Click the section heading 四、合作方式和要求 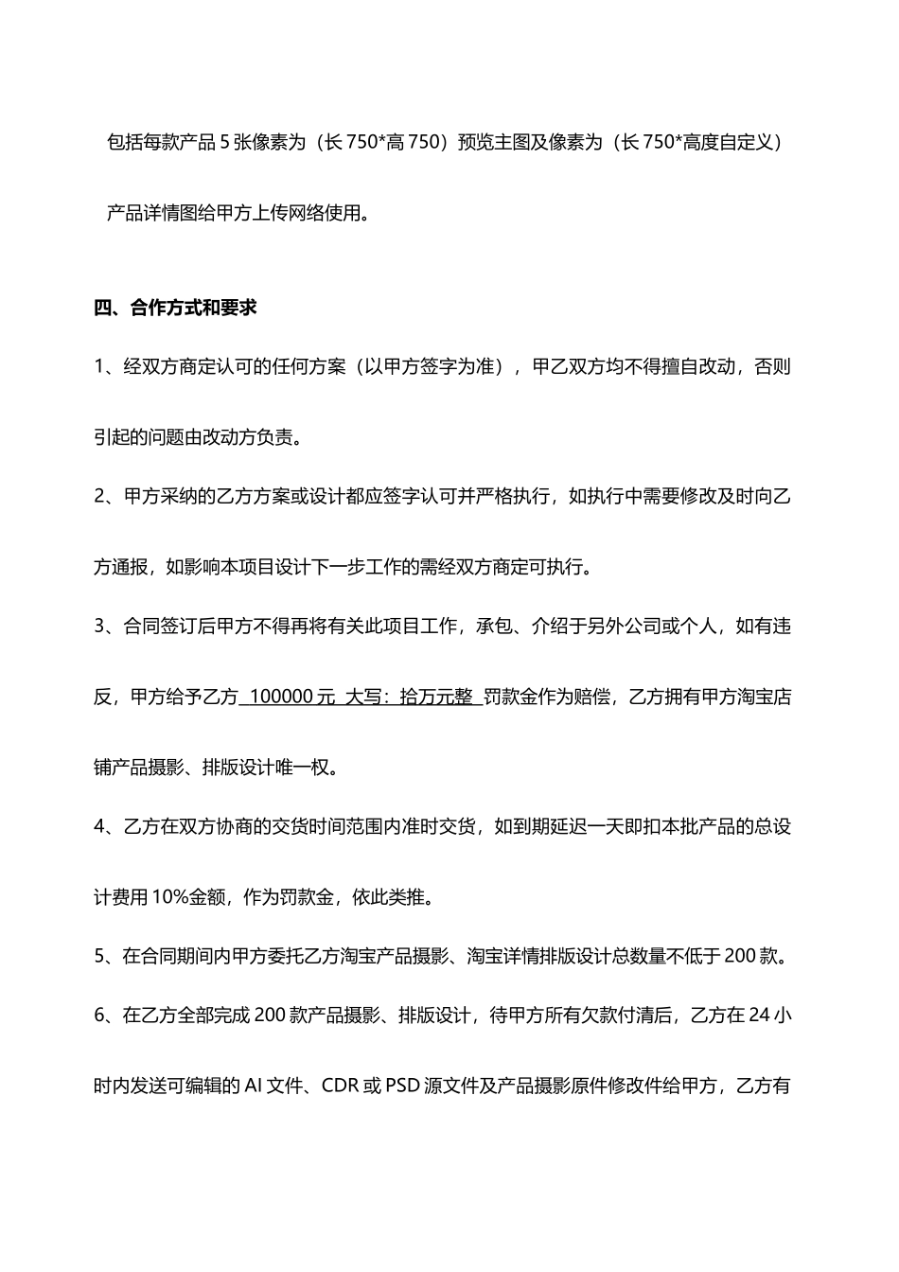(x=176, y=308)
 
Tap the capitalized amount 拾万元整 (x=436, y=698)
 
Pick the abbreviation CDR (x=340, y=1086)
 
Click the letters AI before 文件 (x=254, y=1086)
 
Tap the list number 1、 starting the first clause (x=106, y=367)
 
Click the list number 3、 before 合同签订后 (x=106, y=627)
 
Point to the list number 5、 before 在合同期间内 (x=106, y=956)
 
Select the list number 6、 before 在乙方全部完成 (x=106, y=1016)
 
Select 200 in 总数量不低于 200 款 (x=739, y=956)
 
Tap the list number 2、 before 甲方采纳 (x=106, y=497)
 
